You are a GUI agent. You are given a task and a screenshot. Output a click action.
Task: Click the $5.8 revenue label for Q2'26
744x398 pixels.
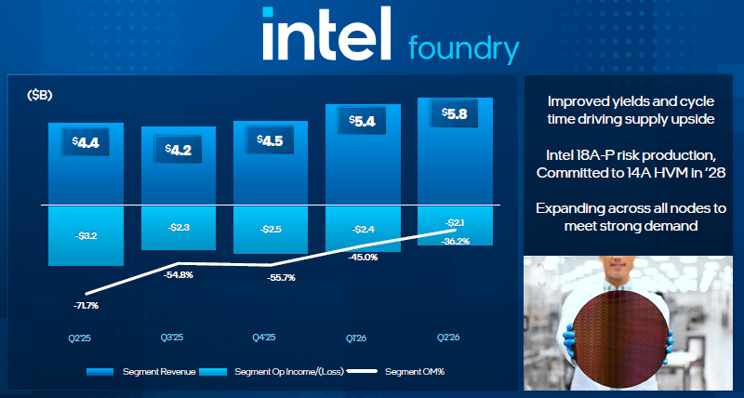[454, 113]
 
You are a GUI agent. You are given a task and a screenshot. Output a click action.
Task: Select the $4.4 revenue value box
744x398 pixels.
[86, 141]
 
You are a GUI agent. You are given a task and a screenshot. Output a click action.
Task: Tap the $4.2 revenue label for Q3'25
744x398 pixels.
[178, 149]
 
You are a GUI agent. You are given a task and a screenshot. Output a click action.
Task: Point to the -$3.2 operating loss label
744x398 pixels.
[86, 235]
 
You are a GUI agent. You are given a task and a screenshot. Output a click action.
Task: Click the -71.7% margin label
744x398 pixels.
[86, 306]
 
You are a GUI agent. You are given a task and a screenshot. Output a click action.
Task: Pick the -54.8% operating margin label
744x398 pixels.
[179, 274]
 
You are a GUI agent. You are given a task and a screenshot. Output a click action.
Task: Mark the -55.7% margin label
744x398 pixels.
[282, 278]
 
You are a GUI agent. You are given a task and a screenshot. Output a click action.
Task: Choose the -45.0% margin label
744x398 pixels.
[364, 258]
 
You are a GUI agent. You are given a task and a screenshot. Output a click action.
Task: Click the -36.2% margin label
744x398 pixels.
[455, 242]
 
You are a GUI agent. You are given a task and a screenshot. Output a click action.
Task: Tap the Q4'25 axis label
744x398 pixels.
[264, 338]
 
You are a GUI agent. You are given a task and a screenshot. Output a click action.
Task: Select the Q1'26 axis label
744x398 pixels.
[357, 338]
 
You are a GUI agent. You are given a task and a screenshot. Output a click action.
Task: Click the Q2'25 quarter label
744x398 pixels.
[80, 338]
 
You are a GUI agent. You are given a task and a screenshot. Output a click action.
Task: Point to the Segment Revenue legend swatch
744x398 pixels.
[100, 372]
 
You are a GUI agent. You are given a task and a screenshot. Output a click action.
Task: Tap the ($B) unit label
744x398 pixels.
[39, 96]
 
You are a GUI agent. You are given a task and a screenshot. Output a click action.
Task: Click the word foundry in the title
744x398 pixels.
[463, 49]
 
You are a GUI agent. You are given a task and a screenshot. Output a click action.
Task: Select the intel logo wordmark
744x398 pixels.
[326, 33]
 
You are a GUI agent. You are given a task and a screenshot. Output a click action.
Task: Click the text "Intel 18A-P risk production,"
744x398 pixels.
[631, 155]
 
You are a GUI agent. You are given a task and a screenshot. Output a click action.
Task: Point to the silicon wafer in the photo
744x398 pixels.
[622, 339]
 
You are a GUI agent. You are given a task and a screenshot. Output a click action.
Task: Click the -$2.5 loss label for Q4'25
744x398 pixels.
[271, 230]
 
